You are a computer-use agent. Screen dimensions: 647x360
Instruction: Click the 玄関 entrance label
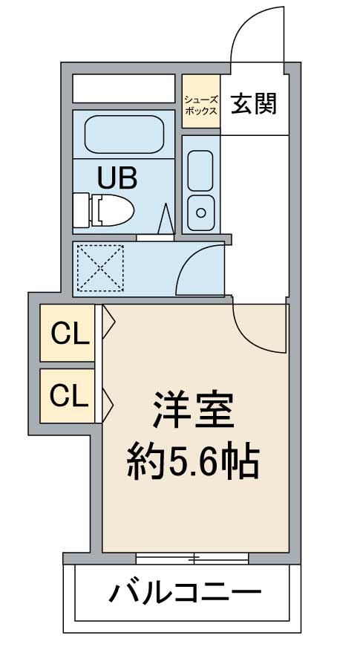click(x=254, y=105)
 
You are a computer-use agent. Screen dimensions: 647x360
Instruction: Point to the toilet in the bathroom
click(x=105, y=210)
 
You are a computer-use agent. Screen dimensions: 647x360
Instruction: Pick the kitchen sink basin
click(x=200, y=170)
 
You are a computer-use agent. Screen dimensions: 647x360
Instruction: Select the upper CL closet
click(x=69, y=334)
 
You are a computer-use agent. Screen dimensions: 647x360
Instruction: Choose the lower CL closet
click(x=69, y=395)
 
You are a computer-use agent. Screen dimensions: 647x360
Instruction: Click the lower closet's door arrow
click(x=108, y=403)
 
